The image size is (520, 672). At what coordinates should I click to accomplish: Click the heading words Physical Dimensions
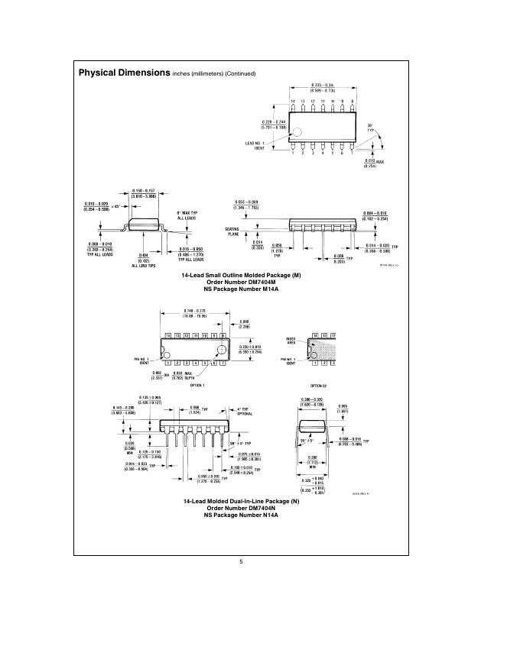(x=124, y=73)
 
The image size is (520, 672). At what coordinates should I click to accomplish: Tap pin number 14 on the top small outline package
(x=292, y=101)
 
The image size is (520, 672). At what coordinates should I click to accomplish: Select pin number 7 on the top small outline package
(x=351, y=153)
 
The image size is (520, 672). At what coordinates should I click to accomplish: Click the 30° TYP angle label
(x=371, y=128)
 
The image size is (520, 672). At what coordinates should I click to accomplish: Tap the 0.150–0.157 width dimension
(x=144, y=190)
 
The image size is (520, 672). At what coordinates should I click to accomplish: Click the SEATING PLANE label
(x=232, y=231)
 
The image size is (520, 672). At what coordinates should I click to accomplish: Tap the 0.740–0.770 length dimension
(x=190, y=312)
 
